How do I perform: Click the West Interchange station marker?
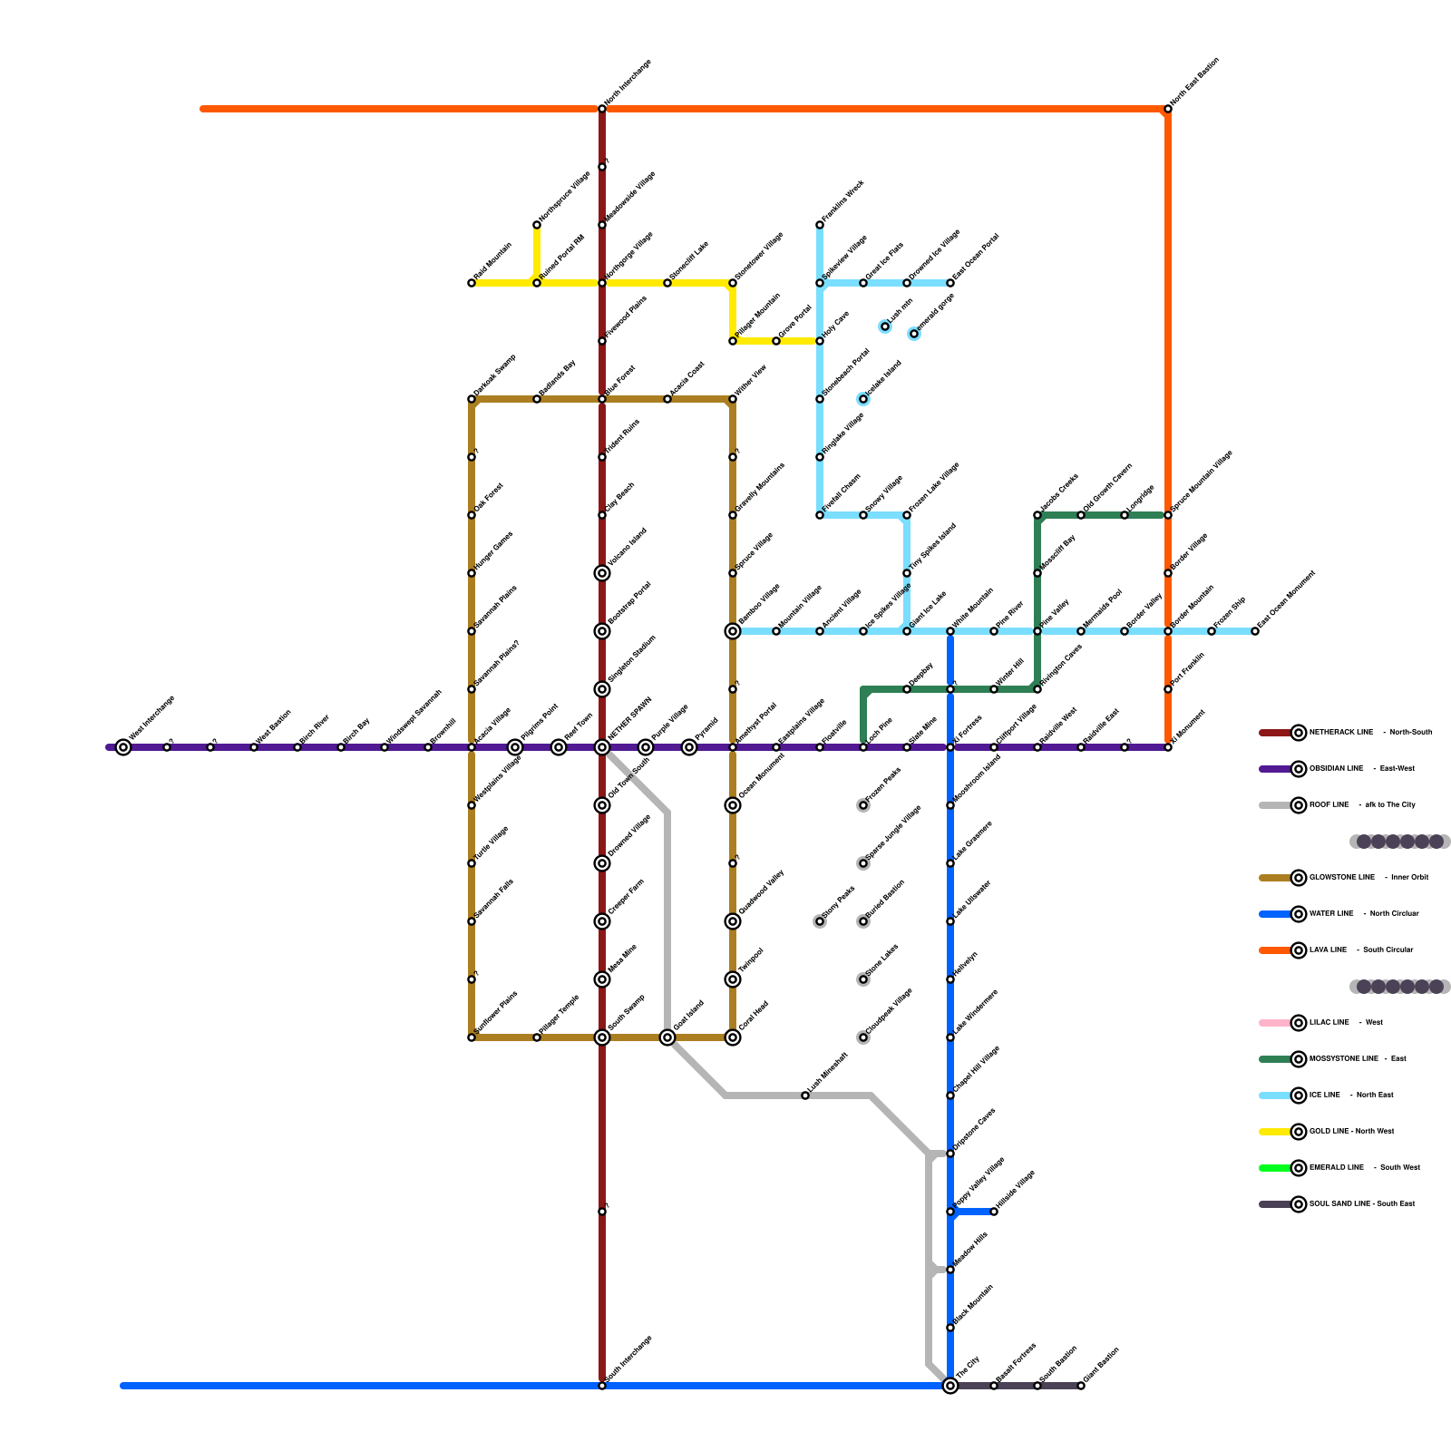[123, 747]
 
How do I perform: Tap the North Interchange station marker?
[602, 109]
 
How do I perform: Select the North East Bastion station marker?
[1168, 109]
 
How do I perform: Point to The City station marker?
[950, 1386]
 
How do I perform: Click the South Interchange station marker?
[602, 1386]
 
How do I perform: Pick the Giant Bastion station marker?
[1081, 1386]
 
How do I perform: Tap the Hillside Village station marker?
[994, 1212]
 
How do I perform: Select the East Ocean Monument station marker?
[1255, 631]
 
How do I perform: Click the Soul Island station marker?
[667, 1037]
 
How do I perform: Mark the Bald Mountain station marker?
[472, 283]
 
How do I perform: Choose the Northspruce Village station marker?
[537, 225]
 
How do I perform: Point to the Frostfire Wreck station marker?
[820, 225]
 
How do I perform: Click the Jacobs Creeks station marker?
[1037, 515]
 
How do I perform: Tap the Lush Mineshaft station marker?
[805, 1096]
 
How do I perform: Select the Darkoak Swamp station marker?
[472, 399]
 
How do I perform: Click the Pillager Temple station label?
[560, 1015]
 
